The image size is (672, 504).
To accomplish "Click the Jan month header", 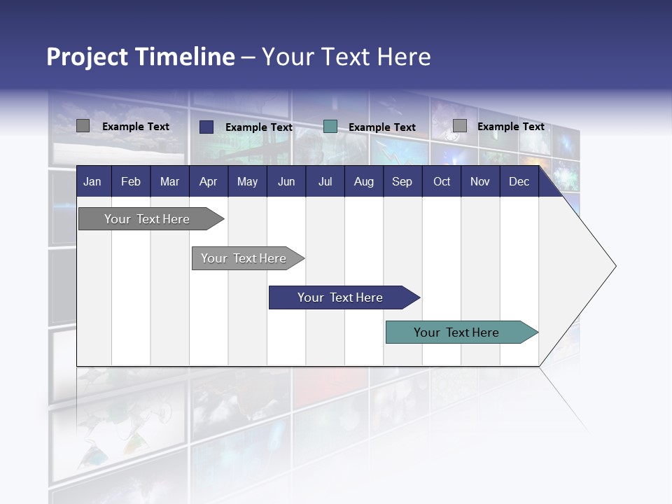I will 92,181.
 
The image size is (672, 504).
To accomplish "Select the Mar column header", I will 169,181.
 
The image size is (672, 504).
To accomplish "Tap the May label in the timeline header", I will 247,181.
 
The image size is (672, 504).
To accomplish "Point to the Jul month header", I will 325,181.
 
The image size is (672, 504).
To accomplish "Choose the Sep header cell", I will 402,181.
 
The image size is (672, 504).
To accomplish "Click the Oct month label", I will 442,181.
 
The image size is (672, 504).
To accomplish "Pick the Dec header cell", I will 519,181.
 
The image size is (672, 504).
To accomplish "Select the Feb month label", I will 131,181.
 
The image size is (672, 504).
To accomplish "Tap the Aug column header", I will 363,181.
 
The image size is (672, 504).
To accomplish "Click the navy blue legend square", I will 206,127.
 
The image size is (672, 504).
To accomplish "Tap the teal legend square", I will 330,127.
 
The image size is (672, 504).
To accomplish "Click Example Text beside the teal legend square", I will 381,127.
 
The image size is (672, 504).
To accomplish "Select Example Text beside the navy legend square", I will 258,127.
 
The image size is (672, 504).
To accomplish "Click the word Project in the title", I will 87,57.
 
